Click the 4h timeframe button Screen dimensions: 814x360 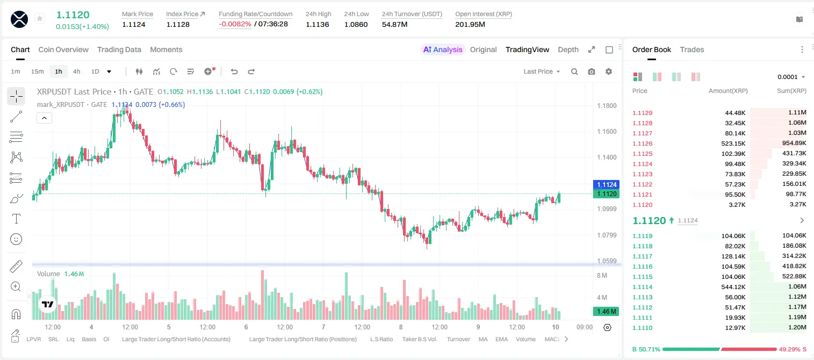coord(76,71)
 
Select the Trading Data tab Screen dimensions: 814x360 coord(119,49)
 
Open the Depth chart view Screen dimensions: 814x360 coord(568,49)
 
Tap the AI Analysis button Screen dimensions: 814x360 coord(443,49)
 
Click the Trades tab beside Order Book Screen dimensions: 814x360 coord(692,49)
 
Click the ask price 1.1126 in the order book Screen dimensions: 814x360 coord(643,143)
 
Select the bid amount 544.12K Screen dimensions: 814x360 coord(733,287)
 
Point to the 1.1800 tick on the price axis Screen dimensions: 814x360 coord(607,106)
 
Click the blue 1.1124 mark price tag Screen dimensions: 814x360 coord(607,184)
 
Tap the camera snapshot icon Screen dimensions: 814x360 coord(592,71)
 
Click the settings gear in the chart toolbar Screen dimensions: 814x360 coord(609,71)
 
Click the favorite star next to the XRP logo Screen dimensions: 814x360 coord(40,18)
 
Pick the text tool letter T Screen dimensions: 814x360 coord(16,219)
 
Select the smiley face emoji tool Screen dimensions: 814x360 coord(16,239)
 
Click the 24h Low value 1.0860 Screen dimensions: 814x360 coord(356,24)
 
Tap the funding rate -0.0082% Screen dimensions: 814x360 coord(235,24)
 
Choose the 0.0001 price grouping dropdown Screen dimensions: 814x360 coord(791,77)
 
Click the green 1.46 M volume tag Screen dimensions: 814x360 coord(606,311)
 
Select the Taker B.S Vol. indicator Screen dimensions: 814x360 coord(420,339)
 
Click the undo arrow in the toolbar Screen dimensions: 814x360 coord(234,71)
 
